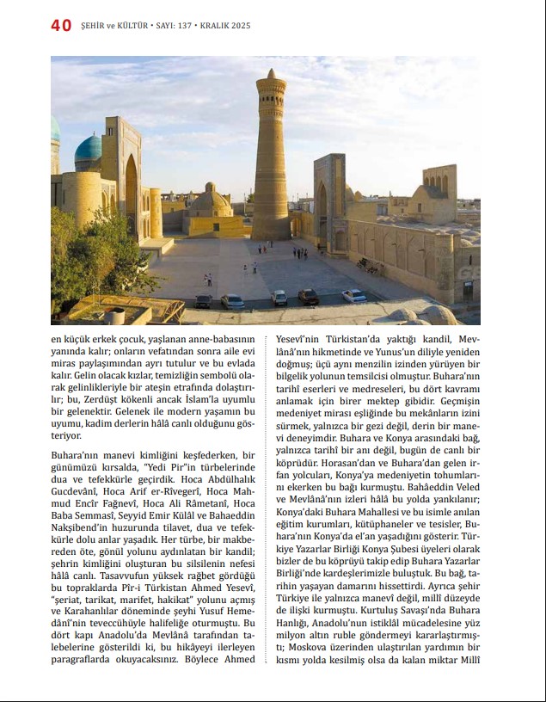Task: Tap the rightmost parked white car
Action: [354, 295]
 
